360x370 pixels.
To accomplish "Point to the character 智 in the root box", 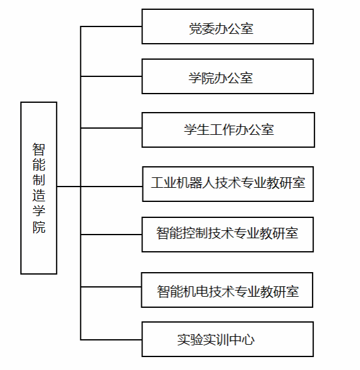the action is coord(39,150).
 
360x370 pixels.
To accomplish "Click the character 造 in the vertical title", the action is coord(39,195).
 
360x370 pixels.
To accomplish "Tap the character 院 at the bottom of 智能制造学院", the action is coord(39,227).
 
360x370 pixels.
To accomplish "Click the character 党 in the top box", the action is coord(195,29).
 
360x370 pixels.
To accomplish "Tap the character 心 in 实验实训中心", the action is coord(248,340).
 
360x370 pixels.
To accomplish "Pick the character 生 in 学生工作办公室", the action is coord(203,129).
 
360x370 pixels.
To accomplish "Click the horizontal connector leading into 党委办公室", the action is coord(111,26).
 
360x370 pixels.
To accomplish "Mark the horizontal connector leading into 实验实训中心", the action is coord(111,340).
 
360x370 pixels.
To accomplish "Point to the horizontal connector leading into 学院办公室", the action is coord(111,76).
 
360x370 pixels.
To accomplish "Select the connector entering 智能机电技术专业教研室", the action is coord(111,287).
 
